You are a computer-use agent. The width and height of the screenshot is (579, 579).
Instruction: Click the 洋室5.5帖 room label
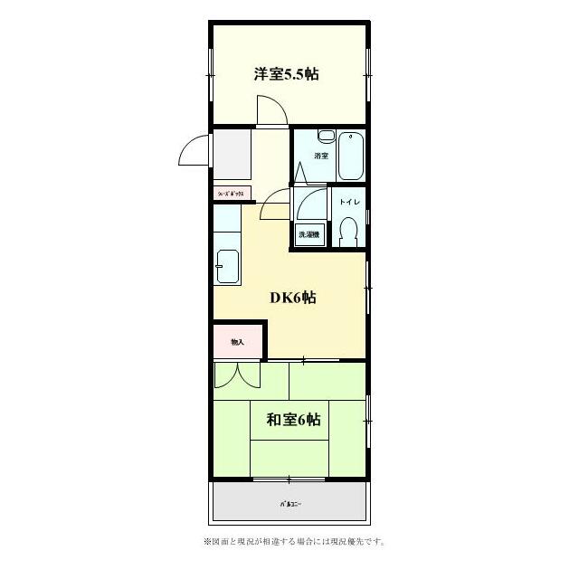tap(285, 74)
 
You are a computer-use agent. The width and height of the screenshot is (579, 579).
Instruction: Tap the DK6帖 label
tap(292, 297)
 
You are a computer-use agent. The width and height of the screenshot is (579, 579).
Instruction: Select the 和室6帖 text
tap(292, 420)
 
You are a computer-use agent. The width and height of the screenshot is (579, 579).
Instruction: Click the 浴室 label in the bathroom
tap(320, 157)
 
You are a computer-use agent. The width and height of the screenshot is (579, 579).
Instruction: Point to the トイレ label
tap(348, 202)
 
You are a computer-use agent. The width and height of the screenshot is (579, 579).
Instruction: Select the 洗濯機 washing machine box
tap(309, 234)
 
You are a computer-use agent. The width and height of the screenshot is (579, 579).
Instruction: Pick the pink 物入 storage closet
tap(237, 341)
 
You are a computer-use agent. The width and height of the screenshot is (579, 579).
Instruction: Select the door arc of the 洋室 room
tap(271, 110)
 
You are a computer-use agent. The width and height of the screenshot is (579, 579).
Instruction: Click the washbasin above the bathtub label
tap(327, 138)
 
